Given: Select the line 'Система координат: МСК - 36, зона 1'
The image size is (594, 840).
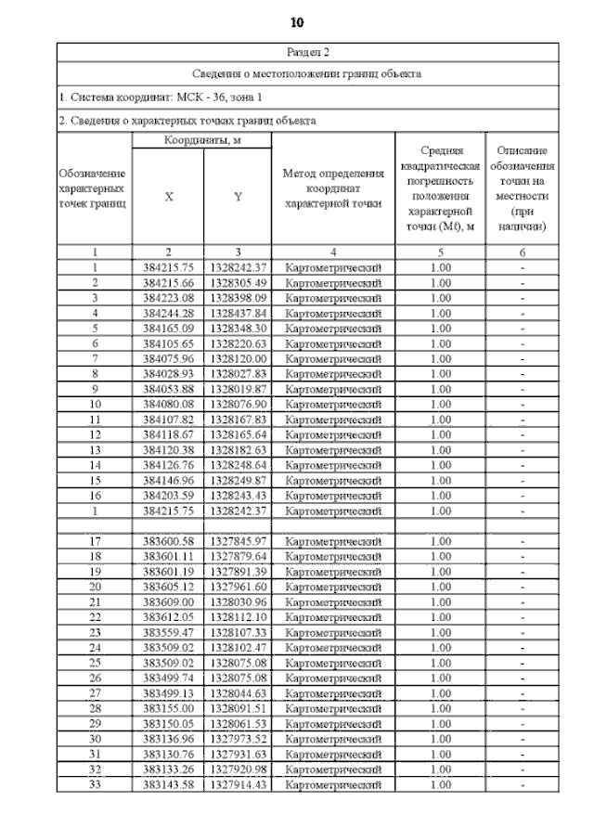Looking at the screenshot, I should (161, 97).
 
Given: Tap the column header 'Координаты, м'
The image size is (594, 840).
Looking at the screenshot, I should (202, 140).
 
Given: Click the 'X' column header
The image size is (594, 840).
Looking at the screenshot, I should (168, 197).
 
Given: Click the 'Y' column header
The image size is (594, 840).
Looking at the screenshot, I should (238, 197).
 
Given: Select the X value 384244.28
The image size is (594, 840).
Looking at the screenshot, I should (168, 313).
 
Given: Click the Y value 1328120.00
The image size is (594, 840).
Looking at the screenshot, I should (238, 358).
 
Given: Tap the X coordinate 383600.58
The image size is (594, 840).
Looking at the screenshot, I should (168, 541).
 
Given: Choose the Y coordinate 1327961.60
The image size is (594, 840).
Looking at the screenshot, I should (238, 587).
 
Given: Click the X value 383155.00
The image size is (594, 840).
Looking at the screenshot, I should (168, 709).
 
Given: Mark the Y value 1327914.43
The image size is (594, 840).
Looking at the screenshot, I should (238, 784).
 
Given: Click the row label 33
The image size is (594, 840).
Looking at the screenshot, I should (95, 784).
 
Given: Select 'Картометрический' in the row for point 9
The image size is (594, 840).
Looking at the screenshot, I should (333, 388).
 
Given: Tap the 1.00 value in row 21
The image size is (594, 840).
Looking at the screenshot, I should (441, 601).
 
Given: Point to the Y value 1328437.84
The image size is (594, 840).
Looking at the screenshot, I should (238, 313).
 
